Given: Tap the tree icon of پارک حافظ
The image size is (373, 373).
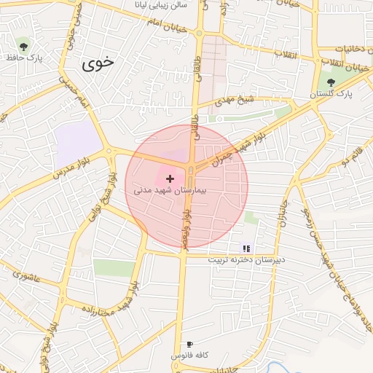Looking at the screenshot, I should point(25,45).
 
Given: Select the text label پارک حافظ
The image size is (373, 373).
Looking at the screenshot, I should point(25,57).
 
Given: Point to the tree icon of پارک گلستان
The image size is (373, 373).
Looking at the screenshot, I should point(331,83).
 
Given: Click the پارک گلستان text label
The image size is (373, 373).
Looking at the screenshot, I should point(331,95).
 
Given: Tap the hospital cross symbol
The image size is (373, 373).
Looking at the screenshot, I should point(170,178).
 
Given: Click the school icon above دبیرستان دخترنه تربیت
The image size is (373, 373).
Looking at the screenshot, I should point(246,248).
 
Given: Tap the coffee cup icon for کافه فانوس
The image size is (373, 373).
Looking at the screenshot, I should point(190,344).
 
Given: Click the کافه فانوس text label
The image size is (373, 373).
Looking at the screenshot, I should point(190,356).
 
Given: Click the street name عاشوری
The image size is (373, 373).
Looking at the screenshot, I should point(28,276).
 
